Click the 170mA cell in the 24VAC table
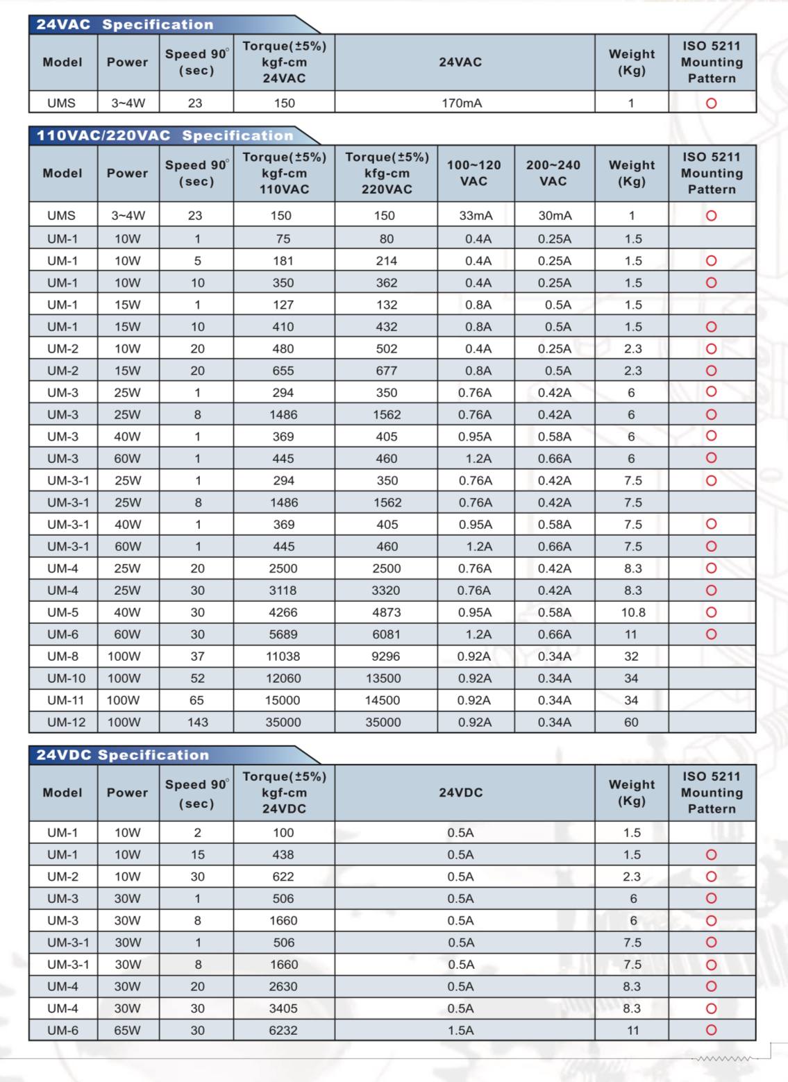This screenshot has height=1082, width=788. (x=462, y=103)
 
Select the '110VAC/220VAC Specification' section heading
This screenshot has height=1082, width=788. (x=165, y=135)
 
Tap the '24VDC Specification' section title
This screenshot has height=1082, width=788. (x=123, y=755)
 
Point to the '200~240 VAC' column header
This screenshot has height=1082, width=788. (x=553, y=173)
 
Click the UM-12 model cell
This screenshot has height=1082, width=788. (x=66, y=722)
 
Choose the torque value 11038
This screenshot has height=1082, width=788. (x=283, y=657)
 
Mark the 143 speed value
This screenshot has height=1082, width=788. (x=197, y=722)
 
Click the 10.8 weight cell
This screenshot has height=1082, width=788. (x=632, y=613)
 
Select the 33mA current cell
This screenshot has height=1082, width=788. (x=476, y=216)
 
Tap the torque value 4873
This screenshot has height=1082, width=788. (x=386, y=613)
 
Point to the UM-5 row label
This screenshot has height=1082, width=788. (x=62, y=613)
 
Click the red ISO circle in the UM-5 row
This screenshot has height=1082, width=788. (x=711, y=612)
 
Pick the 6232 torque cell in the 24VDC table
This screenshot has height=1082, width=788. (x=283, y=1031)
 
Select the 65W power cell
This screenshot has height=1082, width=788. (x=127, y=1031)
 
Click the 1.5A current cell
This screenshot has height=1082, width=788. (x=461, y=1031)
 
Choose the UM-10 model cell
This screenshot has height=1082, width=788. (x=66, y=679)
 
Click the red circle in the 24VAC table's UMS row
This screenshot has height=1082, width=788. (x=711, y=103)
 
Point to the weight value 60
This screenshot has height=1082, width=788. (x=630, y=722)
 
